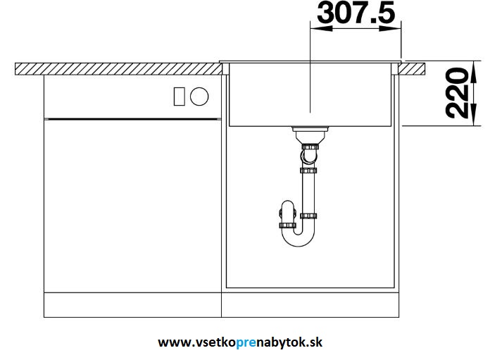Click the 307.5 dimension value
point(356,13)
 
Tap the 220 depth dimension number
point(458,93)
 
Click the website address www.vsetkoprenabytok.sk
point(240,342)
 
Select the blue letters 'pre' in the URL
point(249,342)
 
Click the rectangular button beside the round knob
point(180,97)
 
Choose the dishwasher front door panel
point(132,204)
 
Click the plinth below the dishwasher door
point(132,304)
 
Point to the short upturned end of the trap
point(285,215)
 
